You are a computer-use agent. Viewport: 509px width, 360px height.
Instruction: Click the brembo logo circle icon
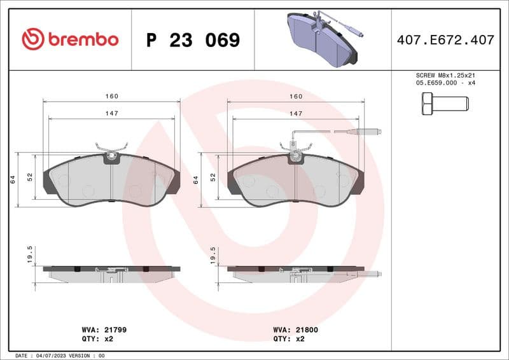32,39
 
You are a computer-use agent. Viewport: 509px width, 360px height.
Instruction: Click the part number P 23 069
193,40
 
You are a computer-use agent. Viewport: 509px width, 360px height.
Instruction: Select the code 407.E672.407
445,40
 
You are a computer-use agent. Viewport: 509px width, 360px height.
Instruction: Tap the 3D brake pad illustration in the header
321,39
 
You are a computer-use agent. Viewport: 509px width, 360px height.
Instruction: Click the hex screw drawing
445,103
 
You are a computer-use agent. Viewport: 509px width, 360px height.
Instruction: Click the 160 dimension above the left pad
112,96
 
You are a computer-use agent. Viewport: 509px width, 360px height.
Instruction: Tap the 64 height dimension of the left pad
13,180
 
